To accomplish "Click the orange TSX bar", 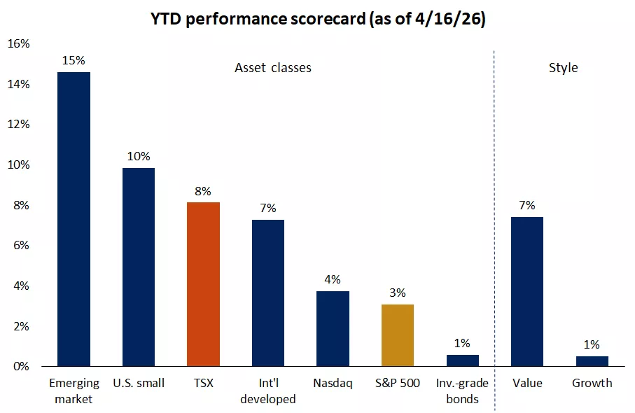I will [x=203, y=284].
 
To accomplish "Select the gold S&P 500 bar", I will [x=398, y=335].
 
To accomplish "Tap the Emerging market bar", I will [x=74, y=219].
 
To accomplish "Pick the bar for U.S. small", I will [x=139, y=267].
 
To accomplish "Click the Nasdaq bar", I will [x=333, y=328].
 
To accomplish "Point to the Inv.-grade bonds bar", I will [x=462, y=360].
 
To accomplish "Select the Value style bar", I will [x=527, y=291].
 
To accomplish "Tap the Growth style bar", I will [x=592, y=361].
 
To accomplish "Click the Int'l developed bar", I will [x=268, y=293].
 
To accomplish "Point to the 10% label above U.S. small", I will [x=139, y=156].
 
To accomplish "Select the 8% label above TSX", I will [x=203, y=190].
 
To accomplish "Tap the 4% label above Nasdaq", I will [x=333, y=279].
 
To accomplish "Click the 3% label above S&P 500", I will [x=398, y=293].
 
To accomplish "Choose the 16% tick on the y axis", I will [x=18, y=44].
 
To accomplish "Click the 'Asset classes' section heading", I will [x=272, y=68].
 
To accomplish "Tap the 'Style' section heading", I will [x=563, y=68].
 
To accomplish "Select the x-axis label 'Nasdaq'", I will [x=333, y=383].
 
